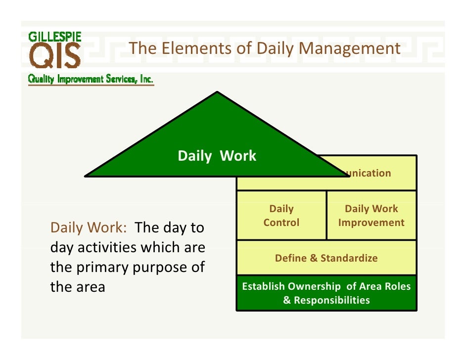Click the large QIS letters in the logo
[x=55, y=56]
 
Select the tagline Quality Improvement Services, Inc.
[x=91, y=79]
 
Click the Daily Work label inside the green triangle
[x=217, y=156]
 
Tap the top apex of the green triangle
[x=217, y=93]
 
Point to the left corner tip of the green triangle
[x=87, y=175]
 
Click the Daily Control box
[x=281, y=216]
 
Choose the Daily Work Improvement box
[x=371, y=216]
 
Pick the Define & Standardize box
[x=326, y=258]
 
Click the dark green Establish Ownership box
[x=326, y=293]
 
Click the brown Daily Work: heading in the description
[x=89, y=228]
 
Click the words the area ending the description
[x=78, y=287]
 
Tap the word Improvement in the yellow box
[x=371, y=223]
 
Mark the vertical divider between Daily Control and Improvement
[x=326, y=216]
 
